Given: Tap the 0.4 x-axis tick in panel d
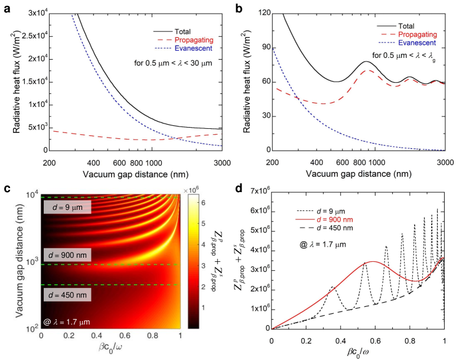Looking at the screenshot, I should (340, 341).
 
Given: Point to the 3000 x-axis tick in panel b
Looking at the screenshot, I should (445, 162).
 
